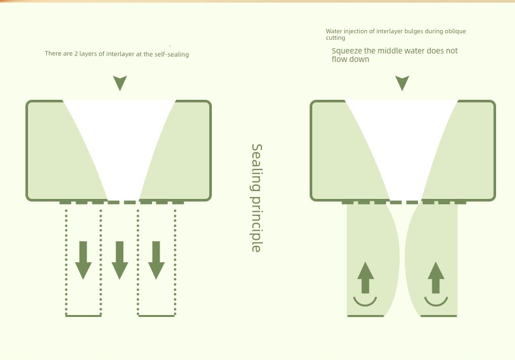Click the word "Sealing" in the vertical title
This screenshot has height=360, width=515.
257,168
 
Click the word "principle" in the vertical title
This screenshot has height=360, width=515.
256,224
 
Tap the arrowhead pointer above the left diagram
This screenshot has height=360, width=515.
120,83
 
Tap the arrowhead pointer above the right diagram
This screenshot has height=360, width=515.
402,83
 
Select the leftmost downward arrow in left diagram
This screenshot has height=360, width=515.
83,260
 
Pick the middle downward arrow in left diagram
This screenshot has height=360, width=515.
120,260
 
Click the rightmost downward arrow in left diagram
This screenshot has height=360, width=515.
156,260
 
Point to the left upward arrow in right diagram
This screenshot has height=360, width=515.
365,278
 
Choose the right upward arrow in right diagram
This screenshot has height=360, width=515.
436,278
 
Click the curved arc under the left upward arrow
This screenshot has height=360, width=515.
365,305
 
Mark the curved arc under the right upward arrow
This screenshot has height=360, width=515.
436,305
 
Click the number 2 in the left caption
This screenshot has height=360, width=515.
76,53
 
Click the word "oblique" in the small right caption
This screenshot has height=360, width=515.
455,31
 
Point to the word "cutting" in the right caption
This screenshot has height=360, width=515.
335,38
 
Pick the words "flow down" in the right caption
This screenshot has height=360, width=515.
351,59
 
